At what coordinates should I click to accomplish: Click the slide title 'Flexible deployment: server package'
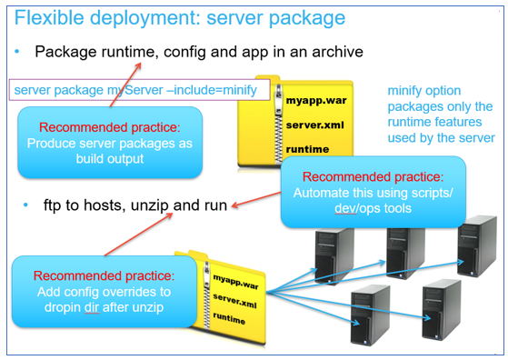(x=180, y=17)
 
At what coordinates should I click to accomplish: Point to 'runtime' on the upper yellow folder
(x=307, y=149)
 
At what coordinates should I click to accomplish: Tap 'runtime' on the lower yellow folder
(x=233, y=320)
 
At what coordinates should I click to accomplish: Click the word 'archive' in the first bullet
(x=335, y=52)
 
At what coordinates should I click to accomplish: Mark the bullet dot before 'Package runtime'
(x=17, y=52)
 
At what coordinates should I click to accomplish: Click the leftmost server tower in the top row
(x=333, y=254)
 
